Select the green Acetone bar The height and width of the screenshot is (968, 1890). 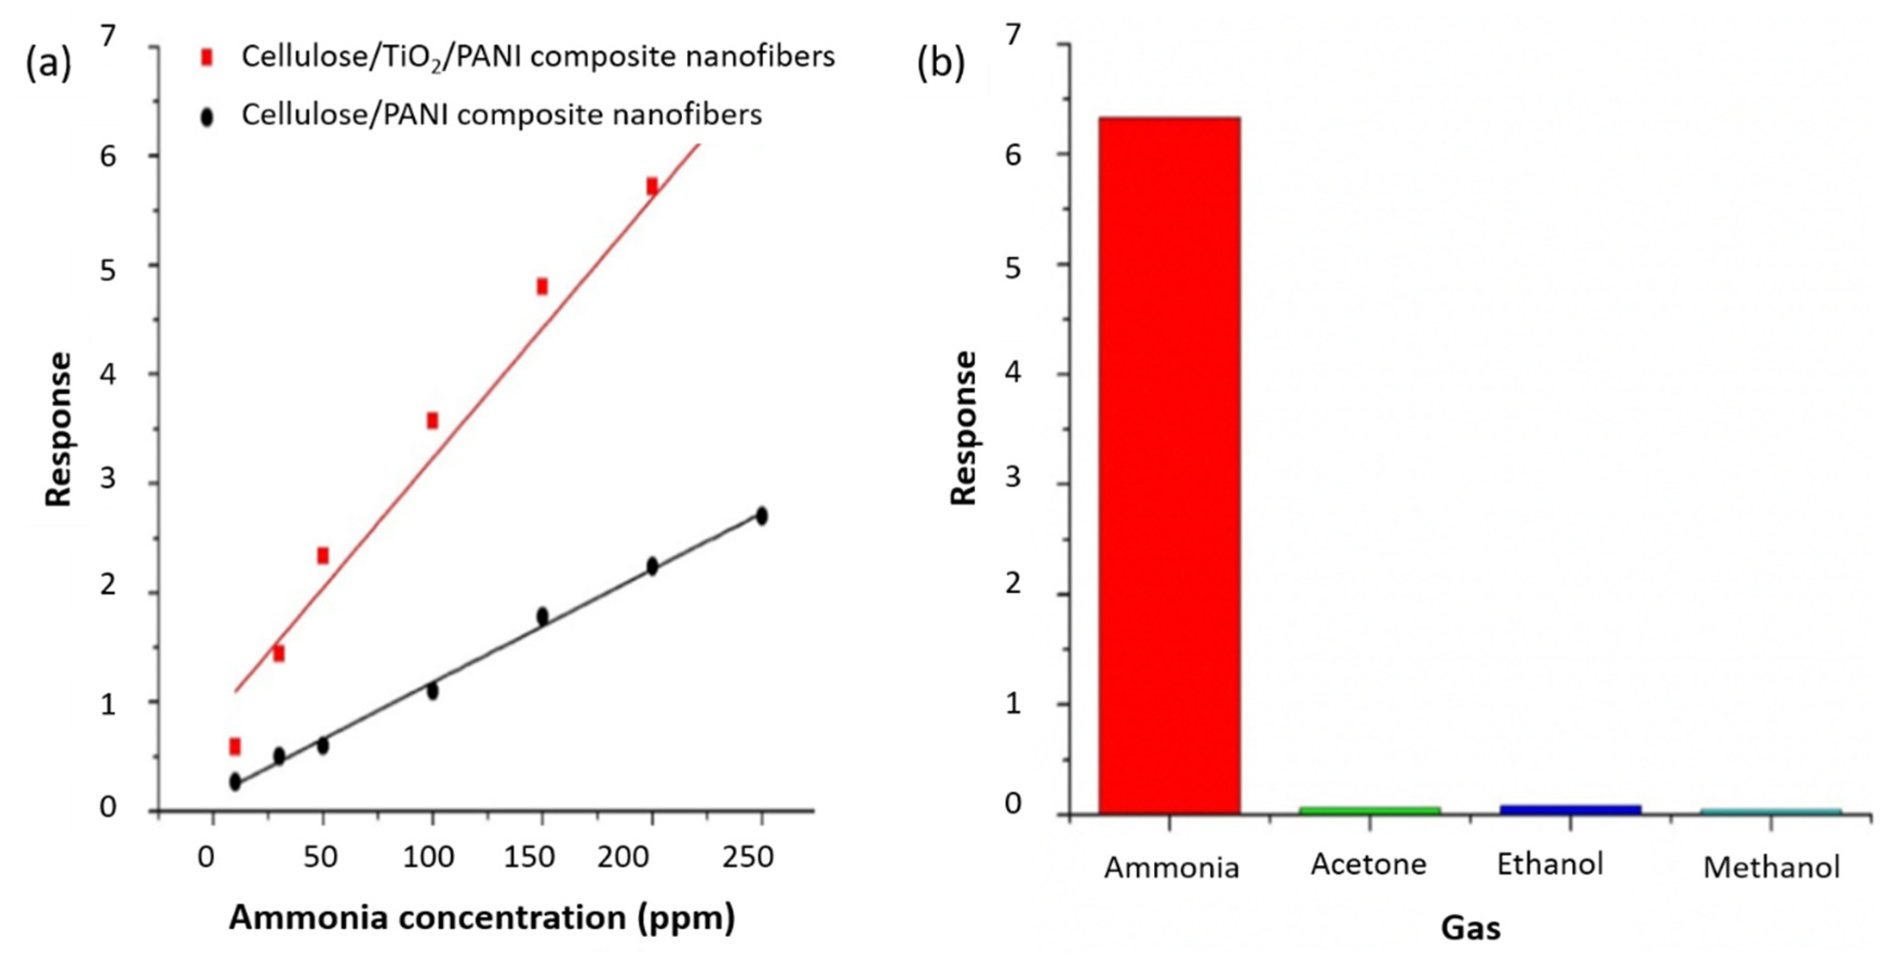point(1369,809)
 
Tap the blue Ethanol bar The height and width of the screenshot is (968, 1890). point(1570,809)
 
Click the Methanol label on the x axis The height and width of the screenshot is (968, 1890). point(1771,868)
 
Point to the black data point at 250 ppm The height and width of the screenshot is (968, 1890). point(761,515)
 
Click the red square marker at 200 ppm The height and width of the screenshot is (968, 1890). point(652,186)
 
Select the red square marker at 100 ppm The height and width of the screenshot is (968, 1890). point(432,420)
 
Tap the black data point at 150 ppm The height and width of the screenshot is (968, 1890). point(542,616)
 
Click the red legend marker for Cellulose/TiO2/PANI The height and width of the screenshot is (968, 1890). point(207,57)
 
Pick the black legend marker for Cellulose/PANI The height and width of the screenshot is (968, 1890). point(207,117)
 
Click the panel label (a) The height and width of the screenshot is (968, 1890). point(49,63)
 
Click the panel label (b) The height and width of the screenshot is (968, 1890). point(941,63)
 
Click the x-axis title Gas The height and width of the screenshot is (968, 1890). point(1470,928)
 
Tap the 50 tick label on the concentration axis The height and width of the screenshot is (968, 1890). point(320,856)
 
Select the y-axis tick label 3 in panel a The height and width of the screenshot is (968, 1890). point(109,479)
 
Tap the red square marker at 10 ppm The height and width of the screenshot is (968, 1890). point(235,747)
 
